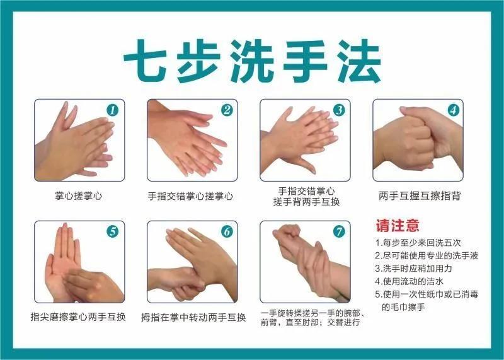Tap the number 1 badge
click(x=113, y=110)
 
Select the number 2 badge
click(x=226, y=110)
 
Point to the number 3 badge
click(x=339, y=110)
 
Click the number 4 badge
click(x=452, y=110)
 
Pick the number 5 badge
click(x=113, y=231)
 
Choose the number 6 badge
click(x=226, y=231)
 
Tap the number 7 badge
click(x=339, y=231)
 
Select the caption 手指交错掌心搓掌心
click(x=190, y=196)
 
